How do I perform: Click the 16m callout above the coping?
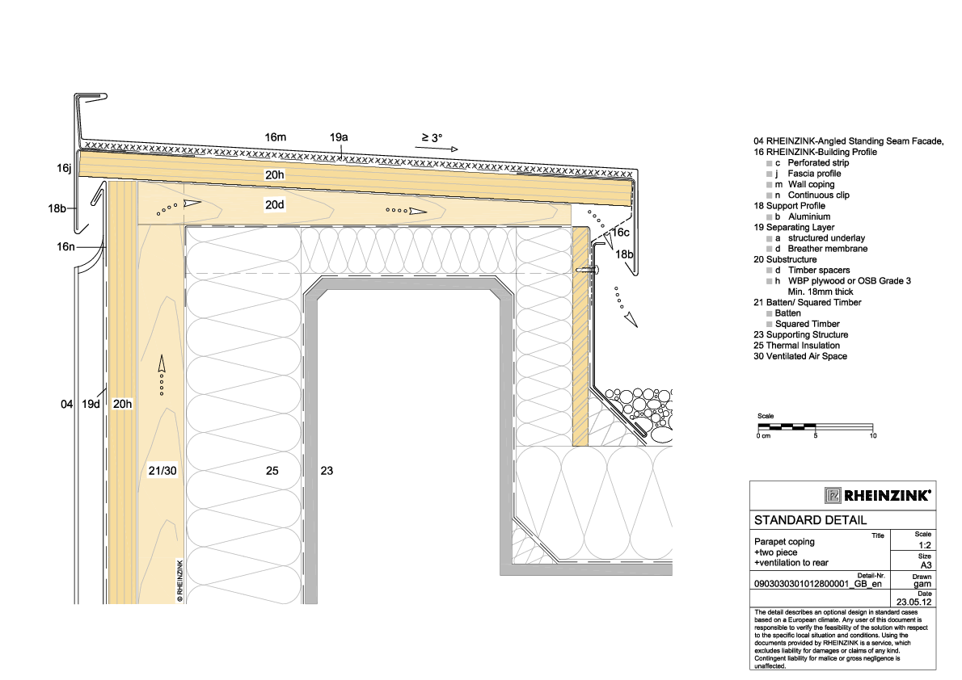click(x=276, y=137)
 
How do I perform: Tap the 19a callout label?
click(x=339, y=137)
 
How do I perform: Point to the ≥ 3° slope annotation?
click(x=432, y=138)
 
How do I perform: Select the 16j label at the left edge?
click(x=65, y=168)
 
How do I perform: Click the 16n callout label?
click(x=65, y=246)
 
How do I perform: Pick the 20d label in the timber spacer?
click(x=275, y=205)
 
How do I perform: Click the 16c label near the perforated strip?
click(x=621, y=233)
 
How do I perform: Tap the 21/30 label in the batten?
click(x=162, y=471)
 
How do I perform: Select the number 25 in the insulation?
click(x=272, y=471)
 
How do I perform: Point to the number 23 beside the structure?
click(x=327, y=471)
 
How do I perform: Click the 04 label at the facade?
click(x=67, y=404)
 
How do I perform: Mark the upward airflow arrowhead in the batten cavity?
click(x=162, y=363)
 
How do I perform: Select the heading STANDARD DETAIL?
click(x=811, y=521)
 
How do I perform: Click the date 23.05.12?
click(x=914, y=602)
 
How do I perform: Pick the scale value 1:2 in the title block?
click(x=925, y=545)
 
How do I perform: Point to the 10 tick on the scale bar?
click(x=873, y=436)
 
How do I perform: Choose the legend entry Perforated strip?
click(x=818, y=162)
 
